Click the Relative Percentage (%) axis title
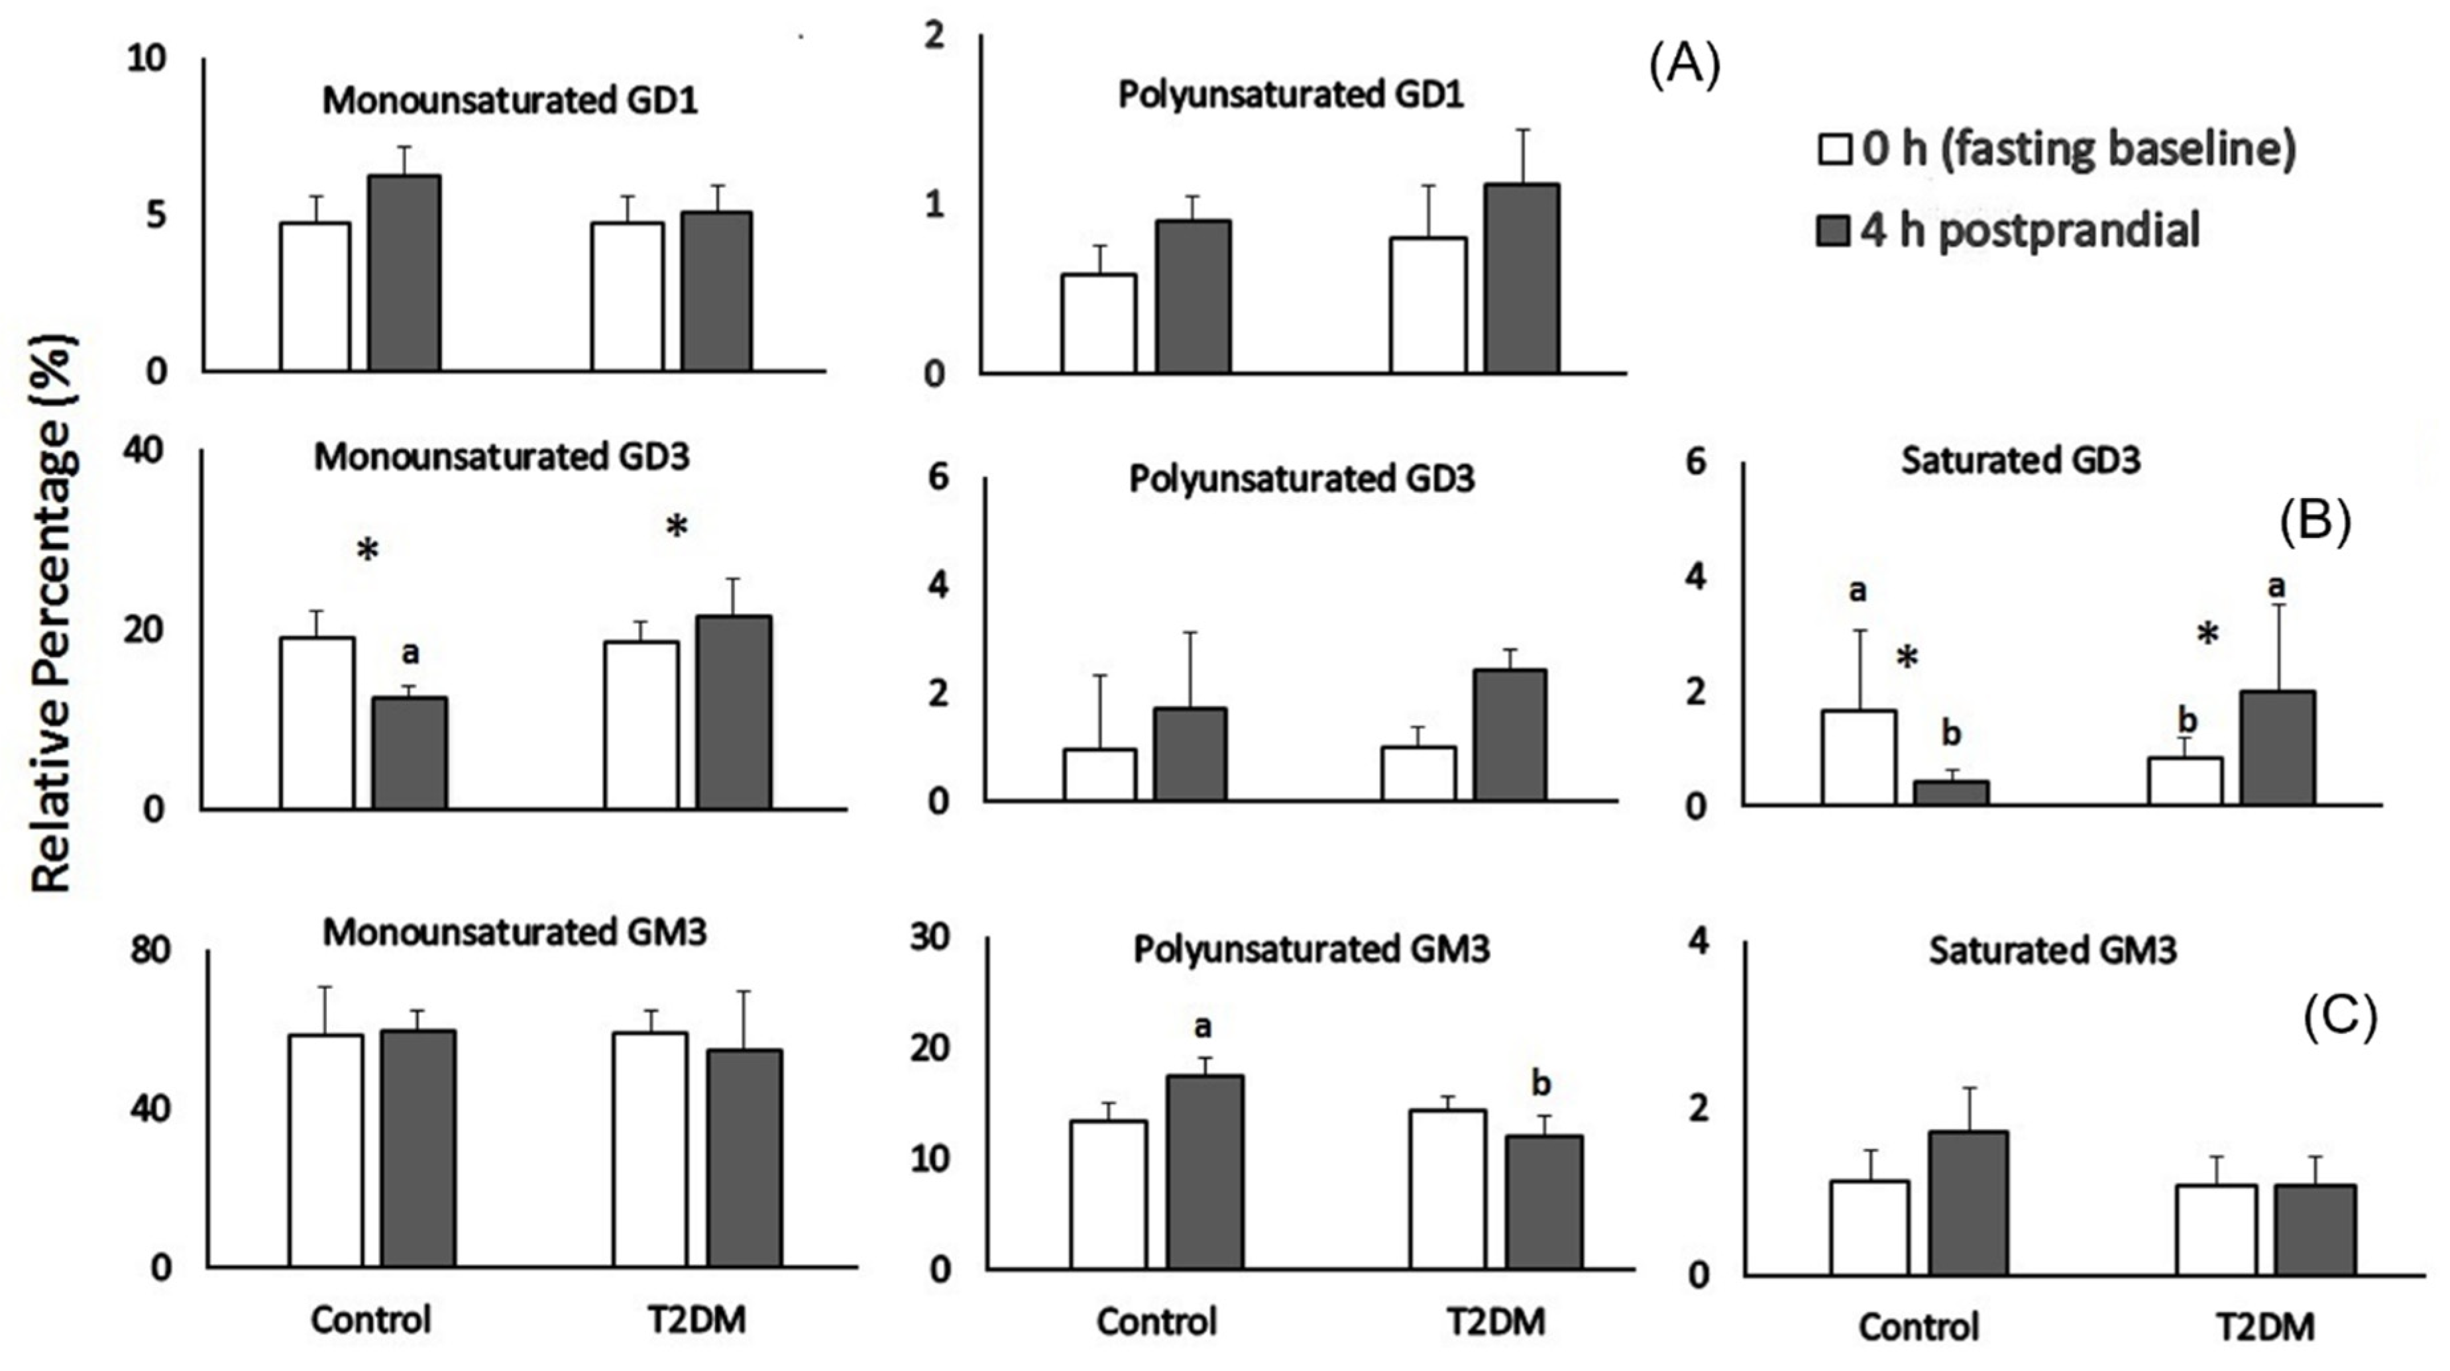tap(52, 613)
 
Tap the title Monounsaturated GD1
tap(510, 101)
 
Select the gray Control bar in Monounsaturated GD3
tap(409, 753)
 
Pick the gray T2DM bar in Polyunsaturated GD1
tap(1521, 278)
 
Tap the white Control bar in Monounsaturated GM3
tap(326, 1150)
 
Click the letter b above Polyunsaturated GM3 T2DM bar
tap(1541, 1083)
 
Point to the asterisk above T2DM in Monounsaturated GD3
tap(676, 527)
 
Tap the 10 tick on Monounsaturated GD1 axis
tap(146, 59)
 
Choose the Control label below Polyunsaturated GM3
tap(1156, 1321)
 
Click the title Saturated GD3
tap(2020, 461)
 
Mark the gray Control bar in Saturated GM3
tap(1968, 1203)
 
